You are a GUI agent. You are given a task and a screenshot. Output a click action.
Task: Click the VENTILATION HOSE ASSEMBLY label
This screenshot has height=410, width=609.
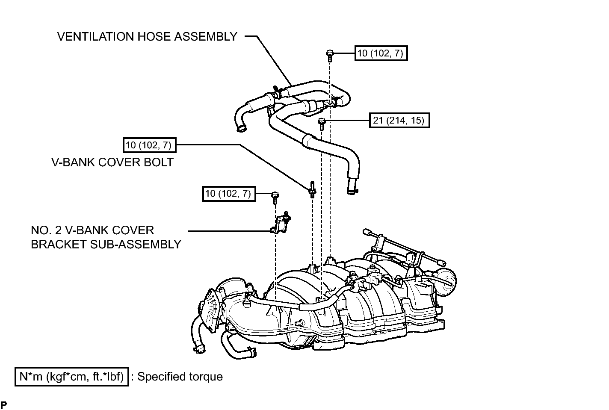[x=147, y=37]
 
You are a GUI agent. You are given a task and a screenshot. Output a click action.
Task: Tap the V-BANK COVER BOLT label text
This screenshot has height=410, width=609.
[x=112, y=162]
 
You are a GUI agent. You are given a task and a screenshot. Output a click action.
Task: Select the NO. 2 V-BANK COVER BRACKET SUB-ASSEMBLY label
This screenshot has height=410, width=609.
[x=106, y=237]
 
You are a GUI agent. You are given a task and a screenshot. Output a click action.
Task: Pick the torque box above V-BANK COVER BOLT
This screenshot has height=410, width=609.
[x=150, y=145]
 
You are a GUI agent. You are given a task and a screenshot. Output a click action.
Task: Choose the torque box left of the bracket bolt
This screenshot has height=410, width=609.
[x=229, y=193]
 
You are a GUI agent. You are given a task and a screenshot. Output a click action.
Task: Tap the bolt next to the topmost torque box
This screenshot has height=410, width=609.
[x=329, y=56]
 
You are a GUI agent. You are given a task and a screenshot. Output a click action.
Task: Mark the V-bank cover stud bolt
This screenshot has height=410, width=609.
[x=312, y=190]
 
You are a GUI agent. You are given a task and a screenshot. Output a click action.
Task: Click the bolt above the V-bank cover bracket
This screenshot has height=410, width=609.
[x=275, y=198]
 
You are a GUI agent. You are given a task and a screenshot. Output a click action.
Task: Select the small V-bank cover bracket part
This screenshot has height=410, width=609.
[x=280, y=223]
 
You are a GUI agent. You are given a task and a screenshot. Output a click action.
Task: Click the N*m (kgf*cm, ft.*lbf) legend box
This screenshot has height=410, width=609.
[x=72, y=377]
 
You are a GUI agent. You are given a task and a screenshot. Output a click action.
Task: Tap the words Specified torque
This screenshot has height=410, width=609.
[x=180, y=377]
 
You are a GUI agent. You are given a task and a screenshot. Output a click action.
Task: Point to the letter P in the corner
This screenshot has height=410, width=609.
[x=4, y=404]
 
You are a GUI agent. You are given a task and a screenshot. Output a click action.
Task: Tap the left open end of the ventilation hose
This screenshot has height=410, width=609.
[x=241, y=129]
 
